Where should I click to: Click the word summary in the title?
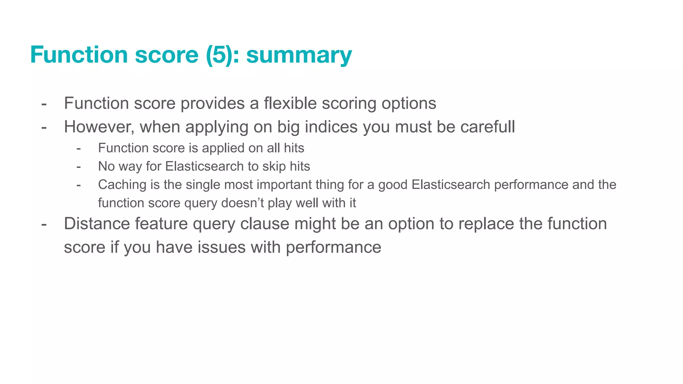click(x=299, y=55)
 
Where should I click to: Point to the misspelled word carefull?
click(x=488, y=127)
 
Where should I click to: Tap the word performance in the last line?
click(x=333, y=247)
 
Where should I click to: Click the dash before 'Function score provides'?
click(x=44, y=104)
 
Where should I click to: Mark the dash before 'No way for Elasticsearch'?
click(x=78, y=166)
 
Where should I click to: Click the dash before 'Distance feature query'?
click(x=44, y=224)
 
